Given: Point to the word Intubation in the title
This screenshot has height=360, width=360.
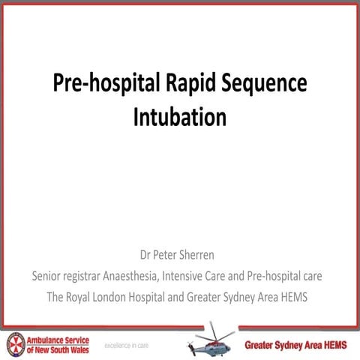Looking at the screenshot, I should [179, 118].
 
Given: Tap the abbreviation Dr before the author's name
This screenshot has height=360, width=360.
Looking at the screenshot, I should [147, 256].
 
